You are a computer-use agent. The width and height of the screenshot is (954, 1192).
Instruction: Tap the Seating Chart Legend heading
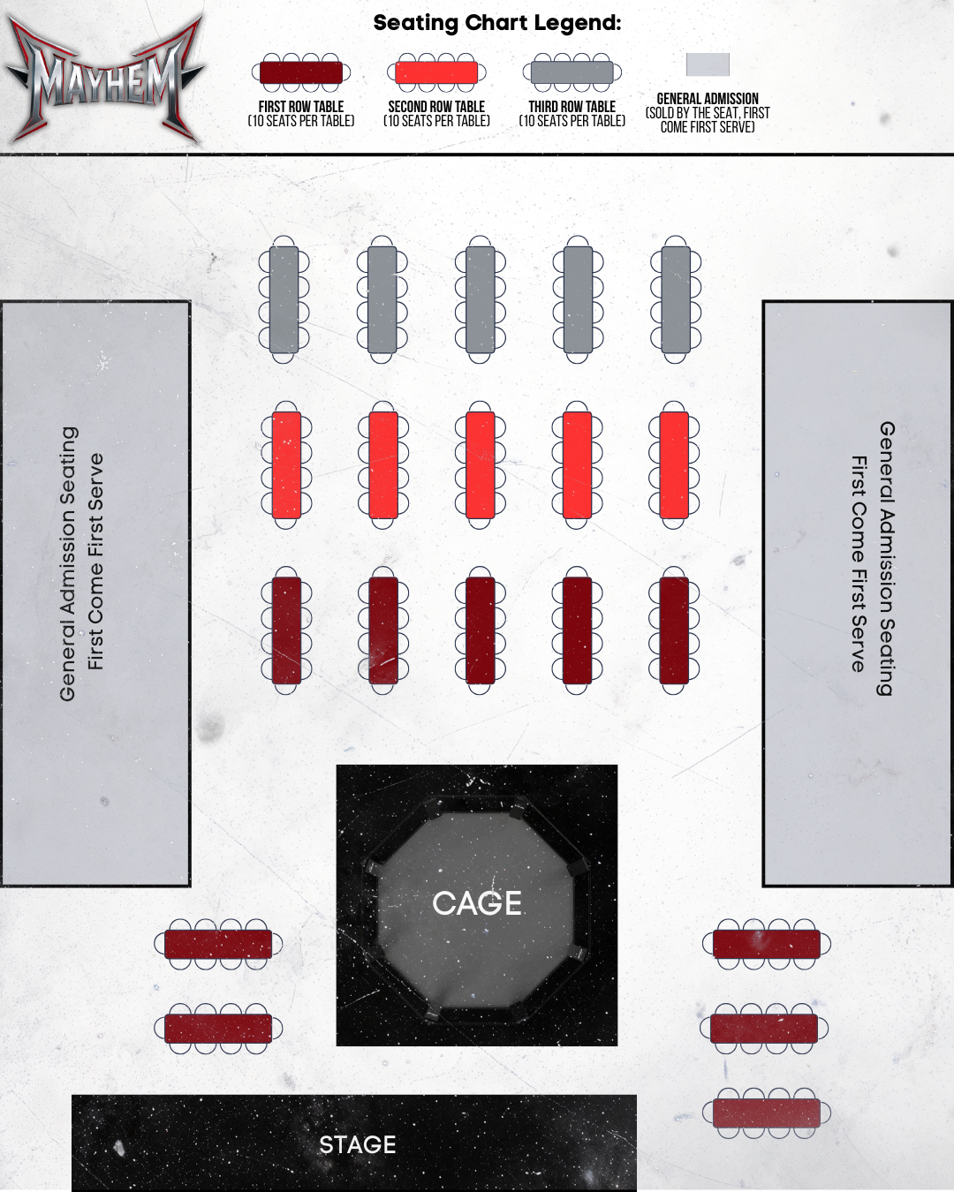[496, 23]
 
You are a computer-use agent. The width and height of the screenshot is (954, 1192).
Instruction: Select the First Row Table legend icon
[301, 72]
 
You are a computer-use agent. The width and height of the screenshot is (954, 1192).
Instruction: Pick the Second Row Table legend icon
[436, 72]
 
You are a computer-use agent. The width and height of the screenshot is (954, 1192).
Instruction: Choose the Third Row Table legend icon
[572, 72]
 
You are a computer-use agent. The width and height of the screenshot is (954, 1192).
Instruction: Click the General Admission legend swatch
[708, 64]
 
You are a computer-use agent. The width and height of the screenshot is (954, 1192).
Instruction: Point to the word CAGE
[477, 903]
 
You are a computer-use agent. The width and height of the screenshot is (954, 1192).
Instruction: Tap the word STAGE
[357, 1145]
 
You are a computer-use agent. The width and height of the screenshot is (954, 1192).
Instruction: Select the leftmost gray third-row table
[284, 299]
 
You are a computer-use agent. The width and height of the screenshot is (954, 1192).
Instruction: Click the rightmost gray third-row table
[676, 299]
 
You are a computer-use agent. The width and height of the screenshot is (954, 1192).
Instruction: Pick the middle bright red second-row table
[480, 464]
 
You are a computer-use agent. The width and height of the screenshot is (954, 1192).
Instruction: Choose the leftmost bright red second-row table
[286, 464]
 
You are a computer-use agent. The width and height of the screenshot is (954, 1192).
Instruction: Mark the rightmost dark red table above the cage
[674, 630]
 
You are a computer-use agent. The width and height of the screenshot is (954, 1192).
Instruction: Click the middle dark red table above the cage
[480, 630]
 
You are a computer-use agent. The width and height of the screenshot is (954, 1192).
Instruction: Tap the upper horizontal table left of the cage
[218, 944]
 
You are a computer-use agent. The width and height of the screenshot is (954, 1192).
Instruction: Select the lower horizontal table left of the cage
[218, 1029]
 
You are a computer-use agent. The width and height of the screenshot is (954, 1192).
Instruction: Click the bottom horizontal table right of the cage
[766, 1113]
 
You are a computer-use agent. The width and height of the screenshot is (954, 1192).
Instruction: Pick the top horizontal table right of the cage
[766, 944]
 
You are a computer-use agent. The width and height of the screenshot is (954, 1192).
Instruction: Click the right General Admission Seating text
[873, 558]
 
